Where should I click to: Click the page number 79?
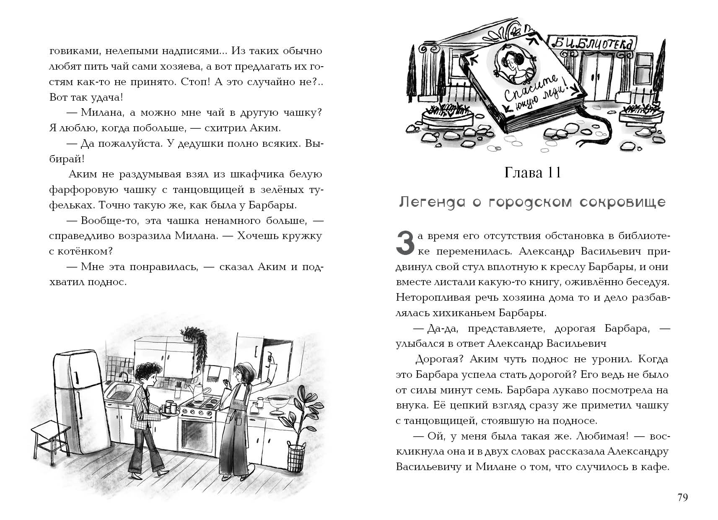[682, 497]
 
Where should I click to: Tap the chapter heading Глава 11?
[532, 173]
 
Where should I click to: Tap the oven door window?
[197, 434]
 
